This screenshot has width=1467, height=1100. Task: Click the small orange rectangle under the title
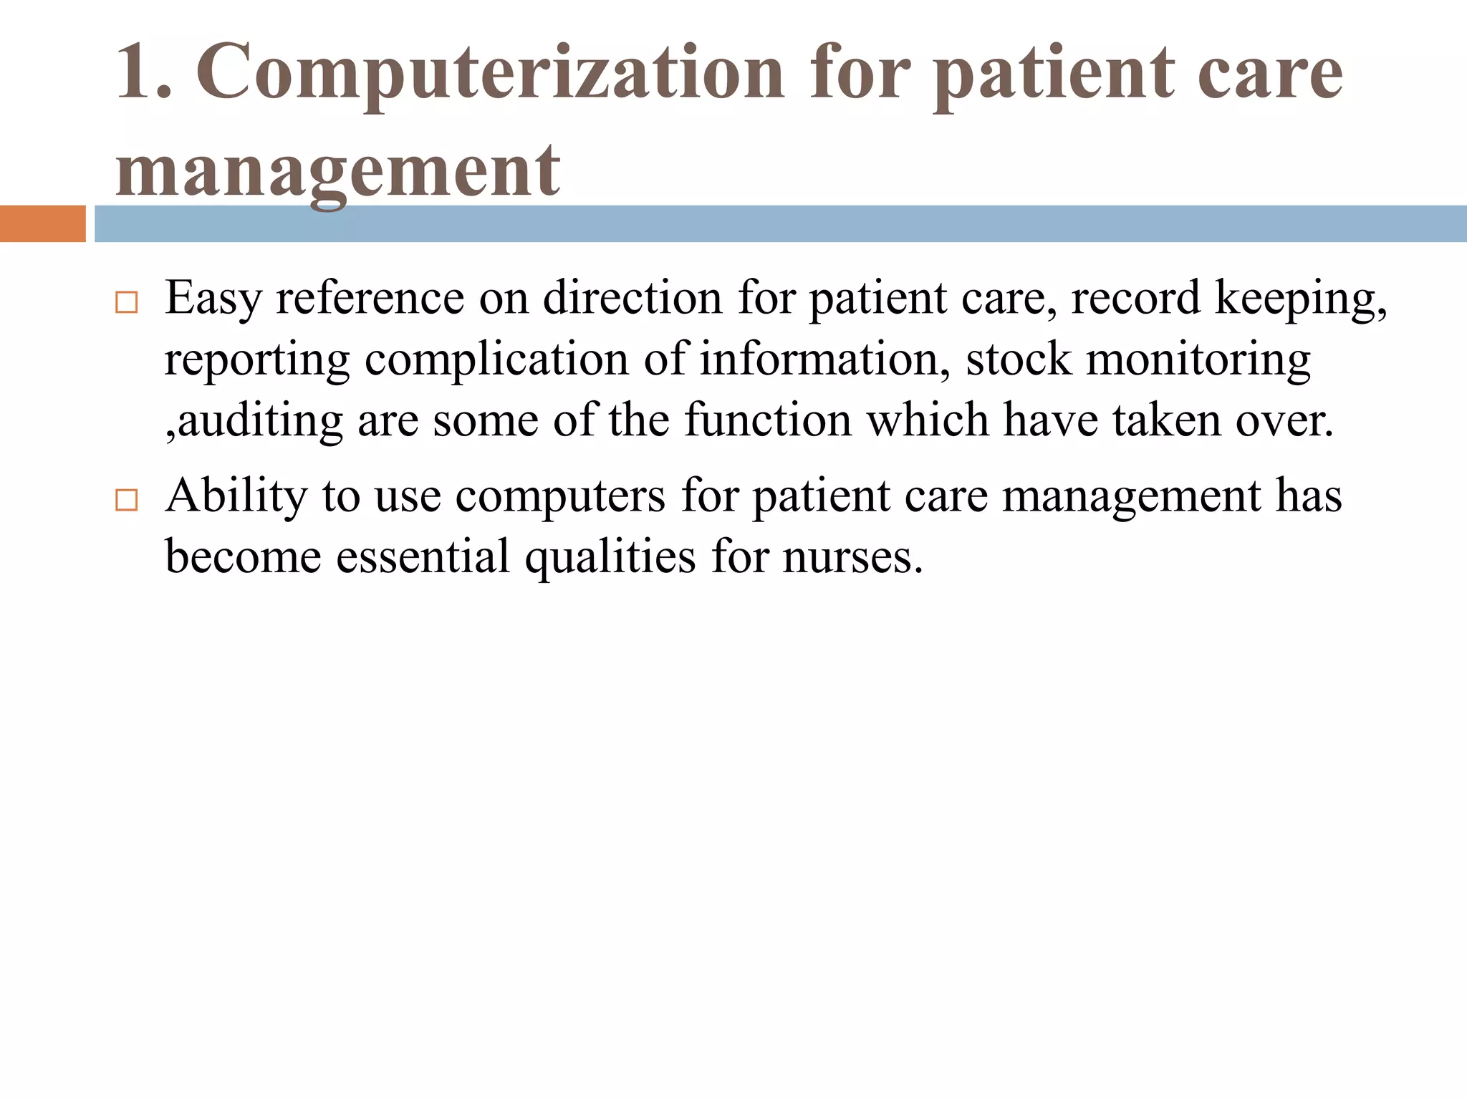[x=42, y=223]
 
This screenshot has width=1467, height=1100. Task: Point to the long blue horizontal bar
[x=780, y=223]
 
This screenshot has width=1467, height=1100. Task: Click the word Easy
[x=213, y=299]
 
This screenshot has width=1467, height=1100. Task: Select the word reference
[x=370, y=297]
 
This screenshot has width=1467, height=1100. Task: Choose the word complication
[x=496, y=360]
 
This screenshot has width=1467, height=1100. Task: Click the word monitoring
[x=1198, y=360]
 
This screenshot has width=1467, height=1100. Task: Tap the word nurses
[x=852, y=558]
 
